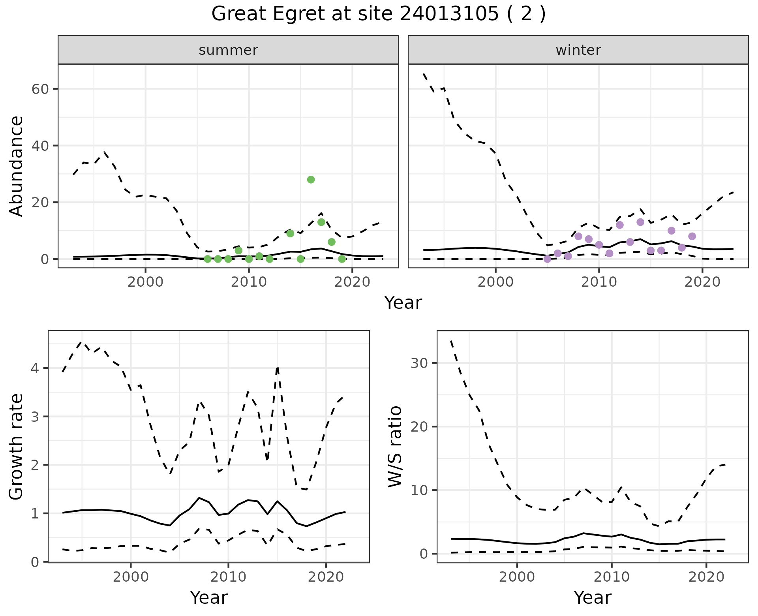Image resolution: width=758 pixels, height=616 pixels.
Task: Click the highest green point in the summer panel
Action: click(311, 180)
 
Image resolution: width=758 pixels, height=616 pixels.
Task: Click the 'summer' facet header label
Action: click(228, 50)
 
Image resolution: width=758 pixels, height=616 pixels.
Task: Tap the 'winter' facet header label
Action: click(578, 50)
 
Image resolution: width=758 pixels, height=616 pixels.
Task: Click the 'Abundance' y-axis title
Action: click(17, 166)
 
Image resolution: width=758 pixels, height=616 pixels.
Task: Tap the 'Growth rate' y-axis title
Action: click(17, 447)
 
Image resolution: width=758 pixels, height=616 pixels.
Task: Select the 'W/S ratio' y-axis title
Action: click(395, 446)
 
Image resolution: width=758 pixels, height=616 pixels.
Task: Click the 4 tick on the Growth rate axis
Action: click(36, 368)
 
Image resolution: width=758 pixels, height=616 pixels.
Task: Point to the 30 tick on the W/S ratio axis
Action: click(419, 363)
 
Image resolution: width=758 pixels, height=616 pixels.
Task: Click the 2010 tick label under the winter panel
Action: click(599, 282)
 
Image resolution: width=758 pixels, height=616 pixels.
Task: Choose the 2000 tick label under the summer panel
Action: click(145, 282)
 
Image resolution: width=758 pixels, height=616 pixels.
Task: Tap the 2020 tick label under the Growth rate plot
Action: click(326, 577)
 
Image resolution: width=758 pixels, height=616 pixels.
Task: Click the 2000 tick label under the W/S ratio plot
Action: click(517, 577)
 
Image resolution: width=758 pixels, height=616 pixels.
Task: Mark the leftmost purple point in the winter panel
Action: click(547, 259)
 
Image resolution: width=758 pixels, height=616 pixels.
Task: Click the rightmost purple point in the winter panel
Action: click(692, 236)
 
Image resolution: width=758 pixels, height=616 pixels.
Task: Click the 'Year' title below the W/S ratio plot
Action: click(593, 597)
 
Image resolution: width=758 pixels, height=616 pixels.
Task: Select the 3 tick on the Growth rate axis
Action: click(36, 417)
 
